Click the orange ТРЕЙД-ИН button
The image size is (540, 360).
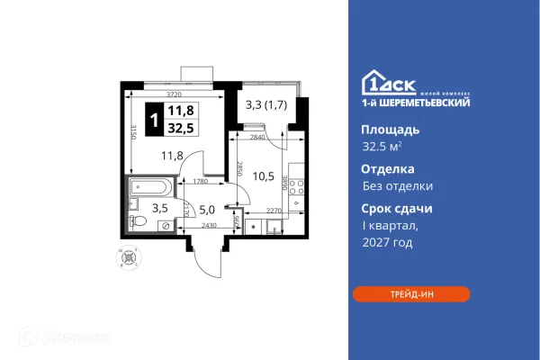point(410,293)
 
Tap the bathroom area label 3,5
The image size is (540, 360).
point(158,207)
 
